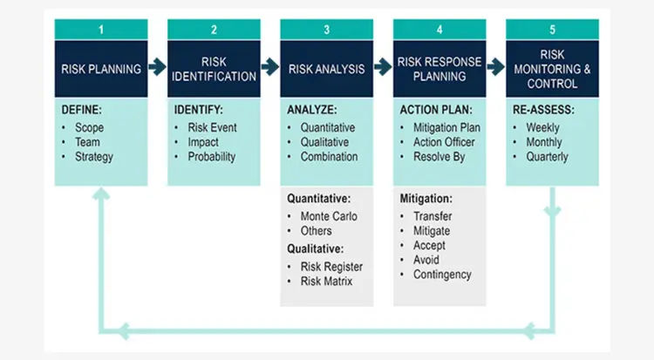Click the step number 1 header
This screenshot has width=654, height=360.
pos(101,30)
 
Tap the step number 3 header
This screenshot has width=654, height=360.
pos(326,30)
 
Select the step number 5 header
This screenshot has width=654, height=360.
pos(552,30)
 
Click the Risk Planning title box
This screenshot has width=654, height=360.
pos(101,69)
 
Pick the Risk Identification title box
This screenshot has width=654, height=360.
pos(214,69)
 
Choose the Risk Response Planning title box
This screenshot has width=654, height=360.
pos(439,69)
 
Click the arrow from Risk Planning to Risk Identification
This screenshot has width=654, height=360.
pos(158,66)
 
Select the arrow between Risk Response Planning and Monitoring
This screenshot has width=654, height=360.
pos(496,66)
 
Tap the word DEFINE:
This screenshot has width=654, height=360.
pos(83,112)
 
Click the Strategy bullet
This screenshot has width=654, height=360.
pos(93,157)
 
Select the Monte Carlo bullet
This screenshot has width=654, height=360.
pos(323,216)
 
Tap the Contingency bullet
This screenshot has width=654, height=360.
pos(442,275)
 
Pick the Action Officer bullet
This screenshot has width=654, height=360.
pos(446,142)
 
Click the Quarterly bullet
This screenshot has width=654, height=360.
pos(547,157)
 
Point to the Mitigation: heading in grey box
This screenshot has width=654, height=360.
pos(426,199)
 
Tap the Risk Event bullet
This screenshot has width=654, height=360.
pos(212,127)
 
